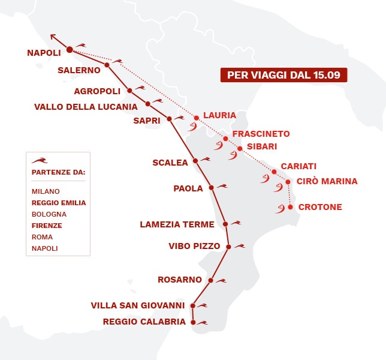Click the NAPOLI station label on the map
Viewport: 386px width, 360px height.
[x=44, y=53]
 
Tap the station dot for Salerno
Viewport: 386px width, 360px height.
[x=107, y=65]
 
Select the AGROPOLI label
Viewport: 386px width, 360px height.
[x=98, y=91]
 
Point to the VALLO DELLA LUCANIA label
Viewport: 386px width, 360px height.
[x=86, y=107]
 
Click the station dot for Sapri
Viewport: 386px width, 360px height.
[x=169, y=119]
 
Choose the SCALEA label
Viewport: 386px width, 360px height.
[x=171, y=162]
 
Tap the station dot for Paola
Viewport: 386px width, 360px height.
[x=211, y=188]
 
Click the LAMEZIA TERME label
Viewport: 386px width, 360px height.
[x=177, y=224]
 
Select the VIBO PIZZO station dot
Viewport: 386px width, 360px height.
[x=228, y=246]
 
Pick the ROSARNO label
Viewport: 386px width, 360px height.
[x=180, y=280]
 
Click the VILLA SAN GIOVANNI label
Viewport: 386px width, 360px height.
[x=138, y=305]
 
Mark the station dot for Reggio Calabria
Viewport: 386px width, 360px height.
[x=193, y=322]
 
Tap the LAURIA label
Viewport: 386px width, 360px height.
[x=219, y=115]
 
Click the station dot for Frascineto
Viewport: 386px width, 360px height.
[x=225, y=139]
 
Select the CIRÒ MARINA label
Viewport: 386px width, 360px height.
[x=327, y=181]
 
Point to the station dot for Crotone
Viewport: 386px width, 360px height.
[x=291, y=207]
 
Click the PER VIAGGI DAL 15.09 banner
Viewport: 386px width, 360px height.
[x=284, y=75]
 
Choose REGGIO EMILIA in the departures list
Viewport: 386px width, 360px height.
[x=59, y=203]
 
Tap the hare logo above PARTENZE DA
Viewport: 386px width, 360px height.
[x=40, y=160]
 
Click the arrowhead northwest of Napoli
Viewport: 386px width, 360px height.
[x=53, y=36]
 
